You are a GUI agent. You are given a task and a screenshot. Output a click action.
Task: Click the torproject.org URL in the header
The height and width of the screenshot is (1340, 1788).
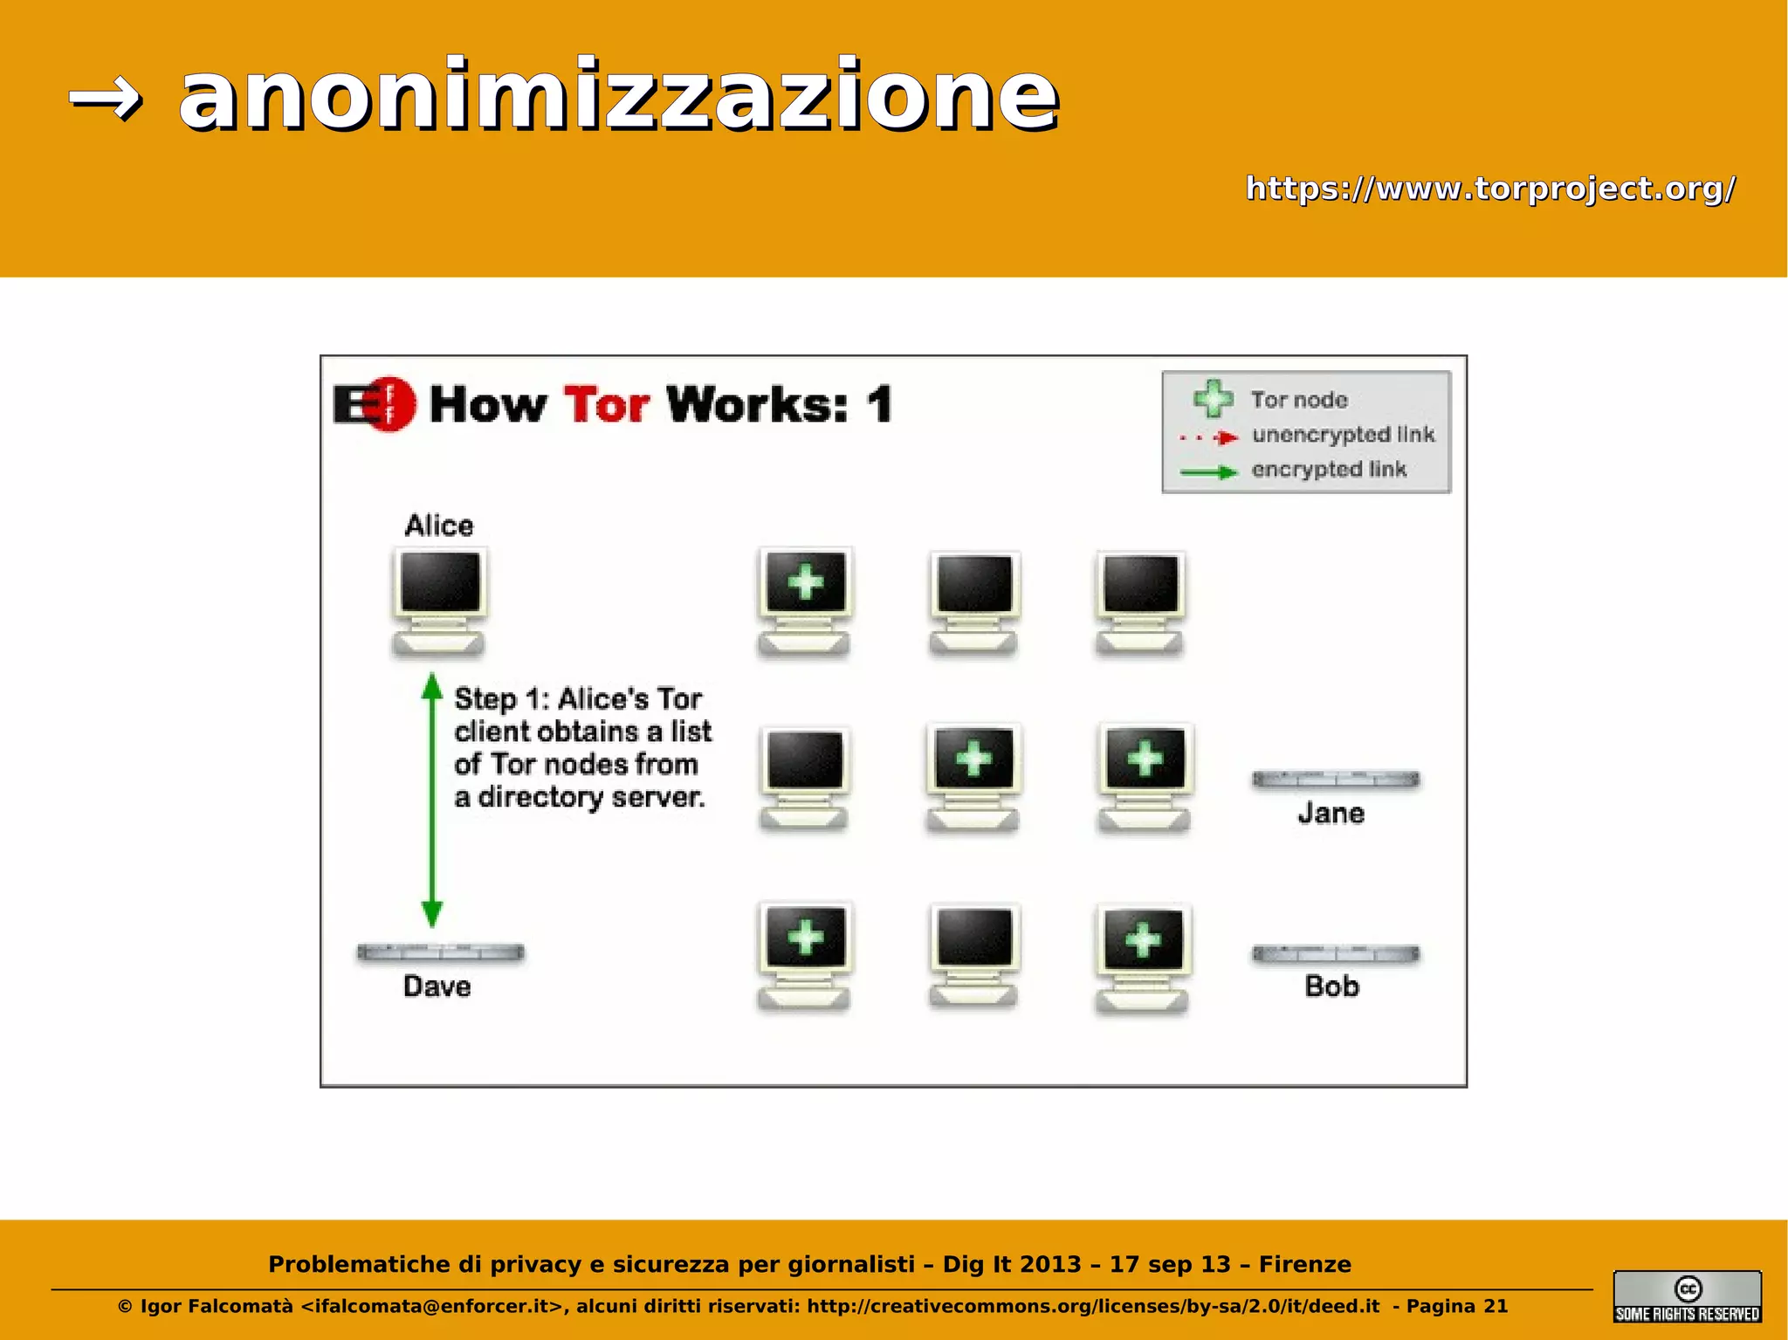click(1489, 189)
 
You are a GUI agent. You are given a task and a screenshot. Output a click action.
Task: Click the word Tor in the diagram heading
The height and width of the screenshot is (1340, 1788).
click(606, 405)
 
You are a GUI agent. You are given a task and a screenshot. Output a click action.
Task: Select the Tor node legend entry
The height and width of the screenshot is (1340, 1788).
click(1298, 400)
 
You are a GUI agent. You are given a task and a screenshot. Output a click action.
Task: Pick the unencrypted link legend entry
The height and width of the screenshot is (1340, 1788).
click(1343, 435)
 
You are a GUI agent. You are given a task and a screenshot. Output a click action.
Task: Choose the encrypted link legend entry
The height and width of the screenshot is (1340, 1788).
click(1328, 470)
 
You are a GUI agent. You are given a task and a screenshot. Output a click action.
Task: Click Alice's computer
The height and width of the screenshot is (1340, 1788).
click(439, 601)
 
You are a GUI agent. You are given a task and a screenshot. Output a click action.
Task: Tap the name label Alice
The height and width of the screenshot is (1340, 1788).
click(438, 526)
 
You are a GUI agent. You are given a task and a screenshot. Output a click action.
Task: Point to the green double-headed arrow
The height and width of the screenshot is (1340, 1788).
click(432, 799)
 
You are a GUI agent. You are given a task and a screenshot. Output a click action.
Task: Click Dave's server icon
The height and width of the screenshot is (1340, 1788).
click(440, 952)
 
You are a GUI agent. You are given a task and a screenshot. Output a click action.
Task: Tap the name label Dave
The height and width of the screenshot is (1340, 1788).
click(437, 986)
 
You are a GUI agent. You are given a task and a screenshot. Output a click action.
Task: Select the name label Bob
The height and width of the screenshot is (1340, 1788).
click(1331, 986)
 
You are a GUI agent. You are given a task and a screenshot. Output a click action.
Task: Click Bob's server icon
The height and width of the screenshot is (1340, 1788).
click(1335, 954)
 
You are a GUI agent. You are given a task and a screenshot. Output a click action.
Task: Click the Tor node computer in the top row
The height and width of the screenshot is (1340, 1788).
click(804, 601)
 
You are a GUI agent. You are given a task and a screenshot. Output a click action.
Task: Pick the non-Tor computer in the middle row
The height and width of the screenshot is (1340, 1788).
click(803, 778)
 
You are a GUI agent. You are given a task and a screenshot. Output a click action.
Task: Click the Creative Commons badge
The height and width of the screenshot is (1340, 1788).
click(1687, 1296)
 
